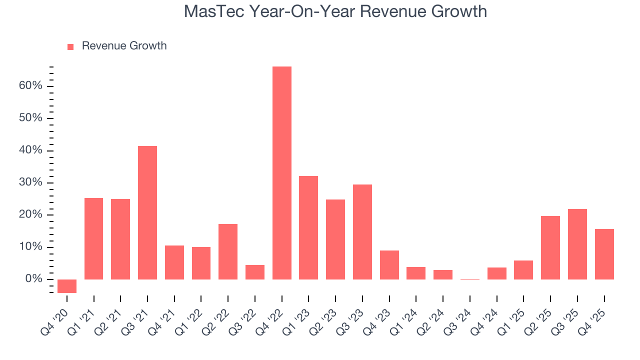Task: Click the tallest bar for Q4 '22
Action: [x=281, y=172]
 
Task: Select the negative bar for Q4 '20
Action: [x=67, y=286]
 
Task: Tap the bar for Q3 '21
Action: [x=147, y=212]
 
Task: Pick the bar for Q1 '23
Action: [x=308, y=227]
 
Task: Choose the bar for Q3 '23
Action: [x=362, y=231]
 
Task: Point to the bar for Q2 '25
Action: [x=550, y=247]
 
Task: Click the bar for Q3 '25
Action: [x=577, y=244]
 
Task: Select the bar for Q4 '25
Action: [x=604, y=254]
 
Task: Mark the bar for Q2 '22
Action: [x=228, y=251]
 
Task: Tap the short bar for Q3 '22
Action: [x=255, y=272]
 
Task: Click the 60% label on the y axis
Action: [x=30, y=86]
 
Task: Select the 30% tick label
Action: [x=30, y=182]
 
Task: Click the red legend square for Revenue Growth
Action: [x=70, y=46]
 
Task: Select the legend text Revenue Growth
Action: [x=124, y=46]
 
